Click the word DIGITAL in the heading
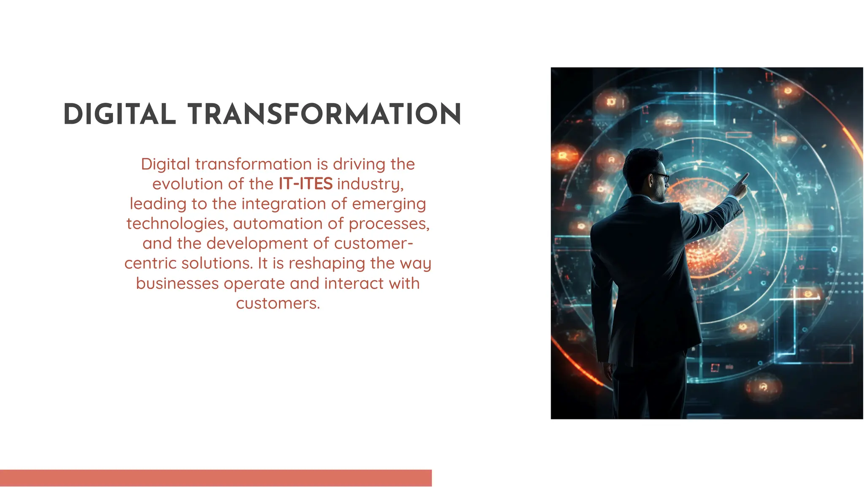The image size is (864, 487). coord(119,114)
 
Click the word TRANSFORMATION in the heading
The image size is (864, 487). coord(324,114)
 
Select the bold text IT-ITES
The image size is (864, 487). coord(305,184)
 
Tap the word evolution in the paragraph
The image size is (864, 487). coord(188,184)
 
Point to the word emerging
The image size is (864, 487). coord(389,204)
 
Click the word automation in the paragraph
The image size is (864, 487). coord(278,224)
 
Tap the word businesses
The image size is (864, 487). coord(177,283)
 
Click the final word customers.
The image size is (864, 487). coord(278,303)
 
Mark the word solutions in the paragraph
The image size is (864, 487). coord(217,264)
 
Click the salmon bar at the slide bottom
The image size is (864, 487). coord(216,478)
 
